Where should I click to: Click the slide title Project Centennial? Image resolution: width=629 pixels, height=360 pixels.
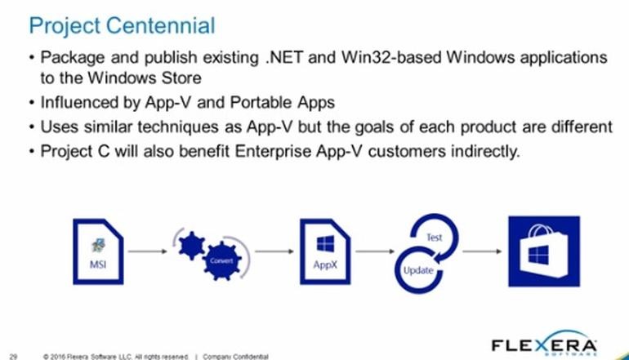tap(122, 26)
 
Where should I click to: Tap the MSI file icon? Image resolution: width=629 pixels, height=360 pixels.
tap(98, 251)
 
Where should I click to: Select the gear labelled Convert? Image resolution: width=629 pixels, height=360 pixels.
tap(222, 261)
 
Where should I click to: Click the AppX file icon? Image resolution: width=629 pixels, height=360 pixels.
tap(325, 251)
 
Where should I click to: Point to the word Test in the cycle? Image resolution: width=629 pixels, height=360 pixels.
tap(434, 238)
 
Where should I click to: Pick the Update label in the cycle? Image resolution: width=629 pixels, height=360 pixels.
tap(418, 270)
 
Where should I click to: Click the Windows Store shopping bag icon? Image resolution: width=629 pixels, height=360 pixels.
tap(543, 251)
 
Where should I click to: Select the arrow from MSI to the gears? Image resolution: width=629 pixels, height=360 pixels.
tap(147, 251)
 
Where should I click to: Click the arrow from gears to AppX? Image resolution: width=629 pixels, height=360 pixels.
tap(274, 251)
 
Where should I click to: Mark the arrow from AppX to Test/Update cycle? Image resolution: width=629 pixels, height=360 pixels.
tap(375, 251)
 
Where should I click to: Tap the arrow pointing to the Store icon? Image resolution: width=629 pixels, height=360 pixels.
tap(482, 251)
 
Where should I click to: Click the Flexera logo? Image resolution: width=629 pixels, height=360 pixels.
tap(544, 344)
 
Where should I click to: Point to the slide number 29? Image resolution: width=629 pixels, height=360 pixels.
tap(13, 356)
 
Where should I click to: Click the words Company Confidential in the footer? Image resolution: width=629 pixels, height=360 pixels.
tap(235, 357)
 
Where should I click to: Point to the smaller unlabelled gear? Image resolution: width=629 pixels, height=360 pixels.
tap(191, 246)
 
